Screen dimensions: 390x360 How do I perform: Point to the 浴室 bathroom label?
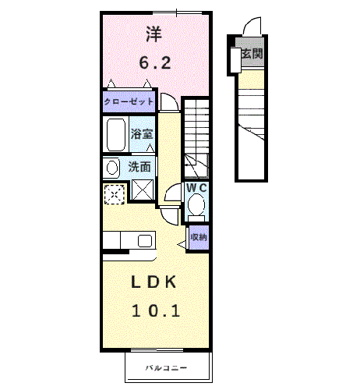(x=141, y=133)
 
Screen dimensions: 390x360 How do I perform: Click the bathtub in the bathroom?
(x=116, y=136)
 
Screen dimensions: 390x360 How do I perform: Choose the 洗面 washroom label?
(x=139, y=166)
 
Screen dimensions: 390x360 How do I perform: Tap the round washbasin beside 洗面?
(x=111, y=166)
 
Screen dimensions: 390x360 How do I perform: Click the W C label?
(x=196, y=188)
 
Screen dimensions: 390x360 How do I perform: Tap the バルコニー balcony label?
(x=168, y=367)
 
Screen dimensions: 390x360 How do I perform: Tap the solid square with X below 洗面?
(x=142, y=190)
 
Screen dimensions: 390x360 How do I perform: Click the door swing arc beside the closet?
(x=168, y=102)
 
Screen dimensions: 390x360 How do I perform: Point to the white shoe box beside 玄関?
(x=234, y=57)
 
